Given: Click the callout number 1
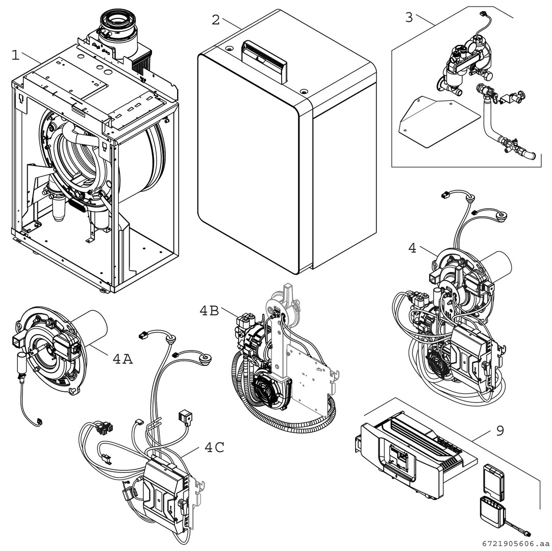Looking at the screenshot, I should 16,55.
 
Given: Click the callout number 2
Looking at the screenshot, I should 216,20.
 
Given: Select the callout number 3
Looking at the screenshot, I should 409,17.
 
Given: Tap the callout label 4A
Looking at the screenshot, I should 122,359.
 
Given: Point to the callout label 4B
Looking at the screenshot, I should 209,311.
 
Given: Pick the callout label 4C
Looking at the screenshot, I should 214,447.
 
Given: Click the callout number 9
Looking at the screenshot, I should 499,431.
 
